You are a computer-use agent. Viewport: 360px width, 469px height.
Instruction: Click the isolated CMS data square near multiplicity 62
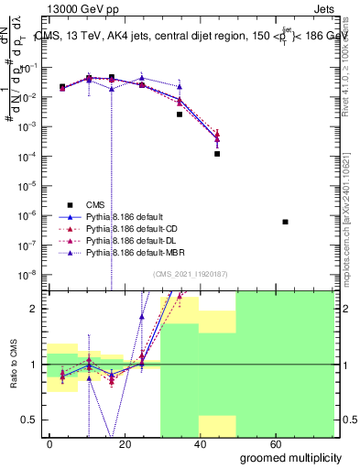[286, 222]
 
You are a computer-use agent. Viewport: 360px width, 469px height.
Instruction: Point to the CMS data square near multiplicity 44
[217, 154]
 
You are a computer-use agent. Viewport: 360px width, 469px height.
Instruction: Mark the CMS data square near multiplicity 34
[180, 115]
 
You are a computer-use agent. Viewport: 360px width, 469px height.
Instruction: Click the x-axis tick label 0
[50, 444]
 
